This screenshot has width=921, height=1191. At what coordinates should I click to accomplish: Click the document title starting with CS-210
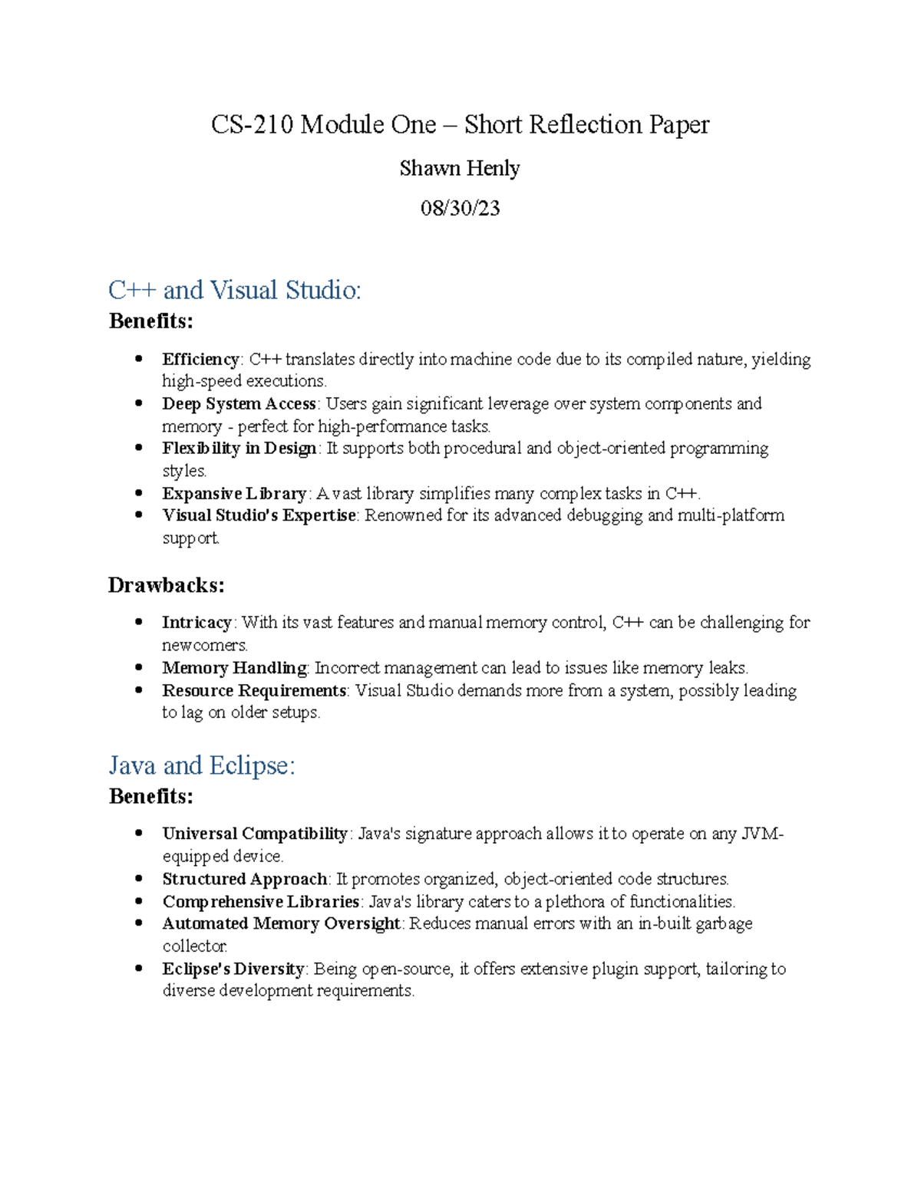click(460, 124)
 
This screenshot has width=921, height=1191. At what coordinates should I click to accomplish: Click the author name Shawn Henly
click(460, 168)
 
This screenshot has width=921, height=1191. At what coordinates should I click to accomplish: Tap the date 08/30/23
click(460, 208)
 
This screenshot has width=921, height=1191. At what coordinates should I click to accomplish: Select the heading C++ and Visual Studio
click(234, 290)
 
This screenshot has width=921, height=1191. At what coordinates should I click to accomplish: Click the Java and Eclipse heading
click(202, 765)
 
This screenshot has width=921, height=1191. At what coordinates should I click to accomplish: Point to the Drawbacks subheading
click(166, 585)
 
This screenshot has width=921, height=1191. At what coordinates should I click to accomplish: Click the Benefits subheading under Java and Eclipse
click(150, 796)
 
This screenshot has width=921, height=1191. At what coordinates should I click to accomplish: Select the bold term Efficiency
click(201, 359)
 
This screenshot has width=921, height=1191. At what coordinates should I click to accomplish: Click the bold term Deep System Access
click(239, 403)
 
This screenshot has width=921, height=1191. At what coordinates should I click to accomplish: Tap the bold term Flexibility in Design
click(239, 448)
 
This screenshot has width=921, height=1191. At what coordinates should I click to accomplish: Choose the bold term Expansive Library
click(234, 493)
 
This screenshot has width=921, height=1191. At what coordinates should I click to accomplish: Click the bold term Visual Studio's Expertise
click(259, 515)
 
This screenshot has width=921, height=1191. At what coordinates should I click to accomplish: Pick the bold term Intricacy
click(196, 622)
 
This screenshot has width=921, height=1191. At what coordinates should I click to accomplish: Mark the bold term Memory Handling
click(234, 668)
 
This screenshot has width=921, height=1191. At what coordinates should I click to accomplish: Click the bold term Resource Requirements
click(254, 690)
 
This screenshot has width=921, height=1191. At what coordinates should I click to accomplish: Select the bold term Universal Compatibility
click(255, 834)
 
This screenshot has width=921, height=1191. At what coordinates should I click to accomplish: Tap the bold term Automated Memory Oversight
click(281, 923)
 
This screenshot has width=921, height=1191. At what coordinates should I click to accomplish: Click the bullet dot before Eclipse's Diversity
click(139, 968)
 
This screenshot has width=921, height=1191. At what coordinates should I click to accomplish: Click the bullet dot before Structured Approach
click(139, 878)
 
